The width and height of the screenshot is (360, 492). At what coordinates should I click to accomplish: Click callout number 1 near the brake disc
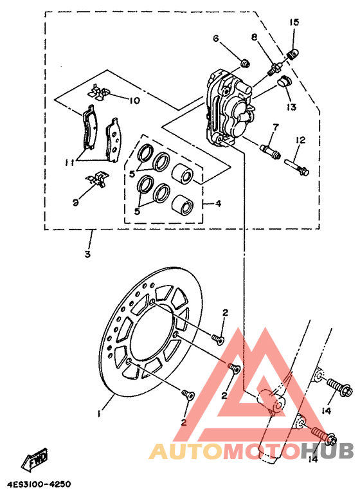click(x=100, y=414)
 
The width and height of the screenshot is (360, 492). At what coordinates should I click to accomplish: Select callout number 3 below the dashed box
click(x=88, y=254)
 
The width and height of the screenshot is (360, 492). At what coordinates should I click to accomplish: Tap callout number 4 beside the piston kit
click(x=219, y=204)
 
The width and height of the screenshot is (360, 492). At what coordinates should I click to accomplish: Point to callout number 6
click(x=216, y=39)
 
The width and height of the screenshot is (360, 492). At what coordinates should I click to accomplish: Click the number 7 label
click(x=274, y=126)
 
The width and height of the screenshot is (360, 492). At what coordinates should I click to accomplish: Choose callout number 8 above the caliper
click(x=255, y=37)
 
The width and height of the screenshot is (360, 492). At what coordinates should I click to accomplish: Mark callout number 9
click(x=75, y=202)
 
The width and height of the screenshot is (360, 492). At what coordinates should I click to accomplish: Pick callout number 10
click(x=134, y=100)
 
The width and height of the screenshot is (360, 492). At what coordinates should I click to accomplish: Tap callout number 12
click(x=300, y=140)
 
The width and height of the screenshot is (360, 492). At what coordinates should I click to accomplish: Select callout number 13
click(x=291, y=107)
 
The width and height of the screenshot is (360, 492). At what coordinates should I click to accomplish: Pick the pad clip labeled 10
click(x=99, y=92)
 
